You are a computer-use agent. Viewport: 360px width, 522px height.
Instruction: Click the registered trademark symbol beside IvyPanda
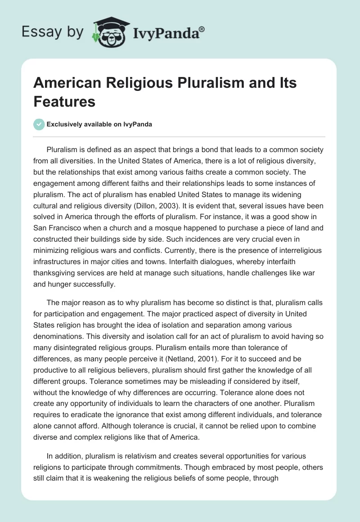coord(202,29)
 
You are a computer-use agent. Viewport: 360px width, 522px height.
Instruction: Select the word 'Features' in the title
coord(64,101)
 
